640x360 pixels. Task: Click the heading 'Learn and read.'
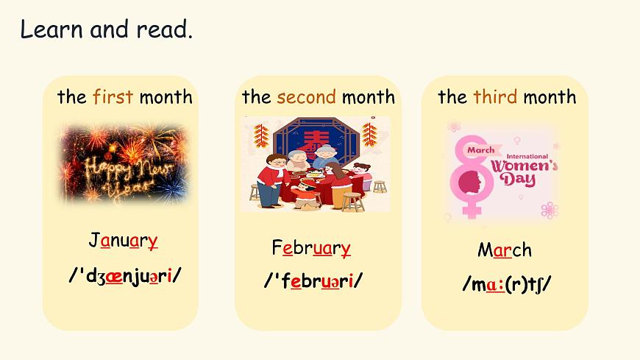(x=106, y=30)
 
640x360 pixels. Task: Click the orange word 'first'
(x=113, y=96)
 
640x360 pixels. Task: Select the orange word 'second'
(x=306, y=96)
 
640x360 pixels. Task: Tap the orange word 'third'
(x=495, y=96)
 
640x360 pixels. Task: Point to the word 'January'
(x=123, y=241)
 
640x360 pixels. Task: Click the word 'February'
(x=310, y=247)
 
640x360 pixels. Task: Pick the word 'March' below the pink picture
(x=504, y=250)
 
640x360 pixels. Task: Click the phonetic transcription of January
(x=125, y=275)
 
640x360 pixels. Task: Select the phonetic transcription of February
(x=313, y=280)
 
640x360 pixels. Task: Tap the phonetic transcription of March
(x=507, y=283)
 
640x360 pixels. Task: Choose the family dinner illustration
(x=315, y=163)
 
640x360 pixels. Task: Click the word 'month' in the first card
(x=166, y=96)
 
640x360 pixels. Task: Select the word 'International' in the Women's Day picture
(x=530, y=155)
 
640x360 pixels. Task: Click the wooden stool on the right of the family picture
(x=380, y=186)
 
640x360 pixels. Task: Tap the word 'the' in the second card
(x=256, y=96)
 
